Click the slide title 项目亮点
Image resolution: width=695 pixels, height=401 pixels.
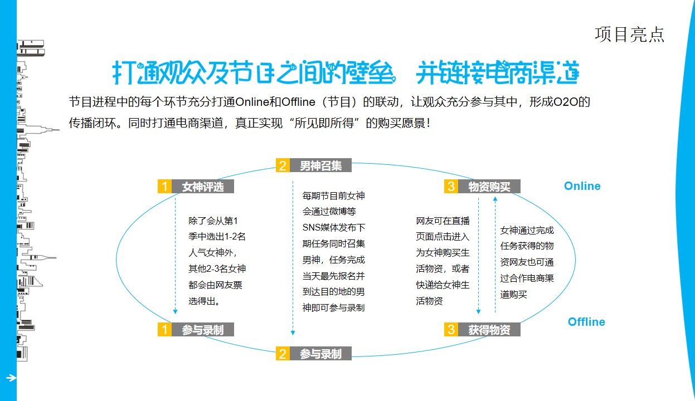629,35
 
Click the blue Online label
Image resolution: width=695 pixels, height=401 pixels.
582,186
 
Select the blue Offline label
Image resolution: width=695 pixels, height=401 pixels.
586,322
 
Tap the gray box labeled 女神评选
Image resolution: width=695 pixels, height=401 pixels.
203,187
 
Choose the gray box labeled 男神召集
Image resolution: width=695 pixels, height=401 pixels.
321,165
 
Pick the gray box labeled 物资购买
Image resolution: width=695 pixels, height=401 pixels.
489,187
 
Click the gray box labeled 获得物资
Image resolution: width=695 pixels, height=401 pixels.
489,329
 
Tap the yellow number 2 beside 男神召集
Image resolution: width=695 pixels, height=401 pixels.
283,165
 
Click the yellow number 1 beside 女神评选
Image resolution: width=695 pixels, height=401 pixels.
164,187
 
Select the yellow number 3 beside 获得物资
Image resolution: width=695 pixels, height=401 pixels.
451,329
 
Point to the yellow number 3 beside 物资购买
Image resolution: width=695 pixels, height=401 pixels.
451,187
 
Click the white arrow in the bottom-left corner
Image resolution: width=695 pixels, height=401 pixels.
11,378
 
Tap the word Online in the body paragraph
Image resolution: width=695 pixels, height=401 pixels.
252,102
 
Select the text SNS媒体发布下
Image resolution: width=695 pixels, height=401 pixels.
334,227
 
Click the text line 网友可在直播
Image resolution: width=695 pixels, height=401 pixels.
443,221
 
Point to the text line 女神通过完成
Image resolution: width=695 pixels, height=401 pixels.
527,230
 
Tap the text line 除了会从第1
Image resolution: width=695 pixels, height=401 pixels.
213,221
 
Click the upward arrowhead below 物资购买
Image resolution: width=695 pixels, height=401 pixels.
495,199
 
